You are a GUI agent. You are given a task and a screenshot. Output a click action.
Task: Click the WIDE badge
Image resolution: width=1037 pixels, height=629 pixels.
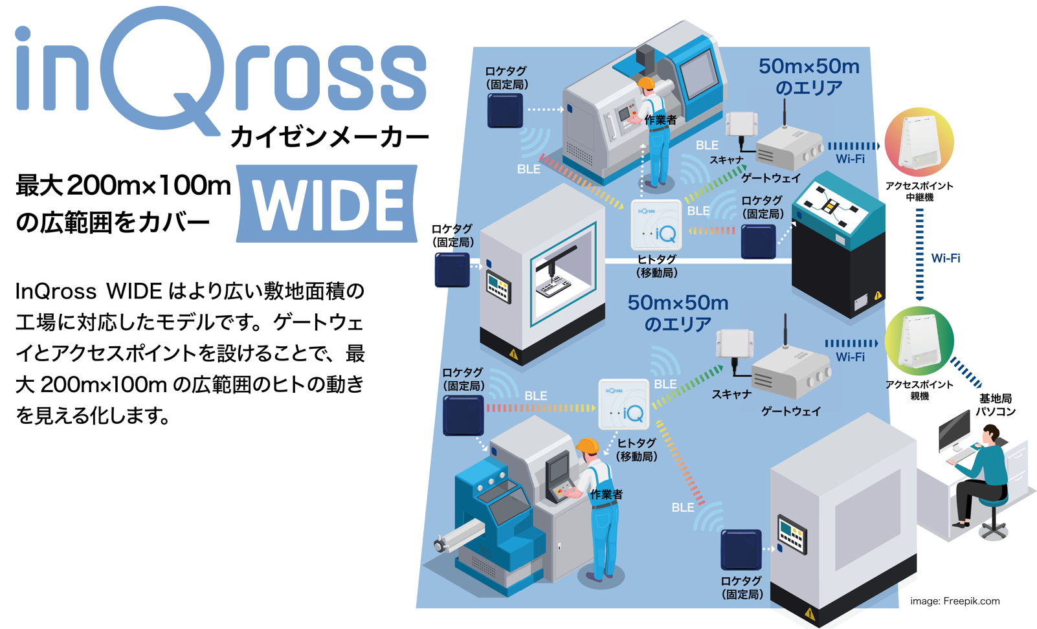tap(327, 204)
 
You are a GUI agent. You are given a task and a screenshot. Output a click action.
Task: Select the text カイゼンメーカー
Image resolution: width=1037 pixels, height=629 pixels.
tap(329, 137)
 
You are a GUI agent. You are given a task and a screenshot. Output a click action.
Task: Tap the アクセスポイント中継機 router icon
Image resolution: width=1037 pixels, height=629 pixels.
tap(919, 142)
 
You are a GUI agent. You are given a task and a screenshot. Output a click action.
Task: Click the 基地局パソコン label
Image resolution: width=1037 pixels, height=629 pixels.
tap(996, 404)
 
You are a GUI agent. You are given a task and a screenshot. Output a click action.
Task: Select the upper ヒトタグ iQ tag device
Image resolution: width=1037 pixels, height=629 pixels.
tap(656, 225)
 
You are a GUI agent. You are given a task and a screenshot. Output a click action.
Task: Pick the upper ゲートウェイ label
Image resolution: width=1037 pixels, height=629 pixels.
tap(771, 178)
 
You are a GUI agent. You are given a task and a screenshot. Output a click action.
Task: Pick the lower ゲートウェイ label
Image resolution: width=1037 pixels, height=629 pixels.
tap(790, 411)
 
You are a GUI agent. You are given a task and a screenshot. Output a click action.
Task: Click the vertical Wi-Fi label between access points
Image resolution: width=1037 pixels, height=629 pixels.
tap(946, 258)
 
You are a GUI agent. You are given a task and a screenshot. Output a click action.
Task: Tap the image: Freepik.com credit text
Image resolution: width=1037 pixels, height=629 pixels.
tap(955, 601)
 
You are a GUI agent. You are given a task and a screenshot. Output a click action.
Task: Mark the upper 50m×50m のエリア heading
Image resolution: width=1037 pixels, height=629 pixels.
tap(809, 76)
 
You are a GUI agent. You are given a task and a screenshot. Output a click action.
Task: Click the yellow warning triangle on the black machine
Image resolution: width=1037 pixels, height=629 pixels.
tap(878, 296)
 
